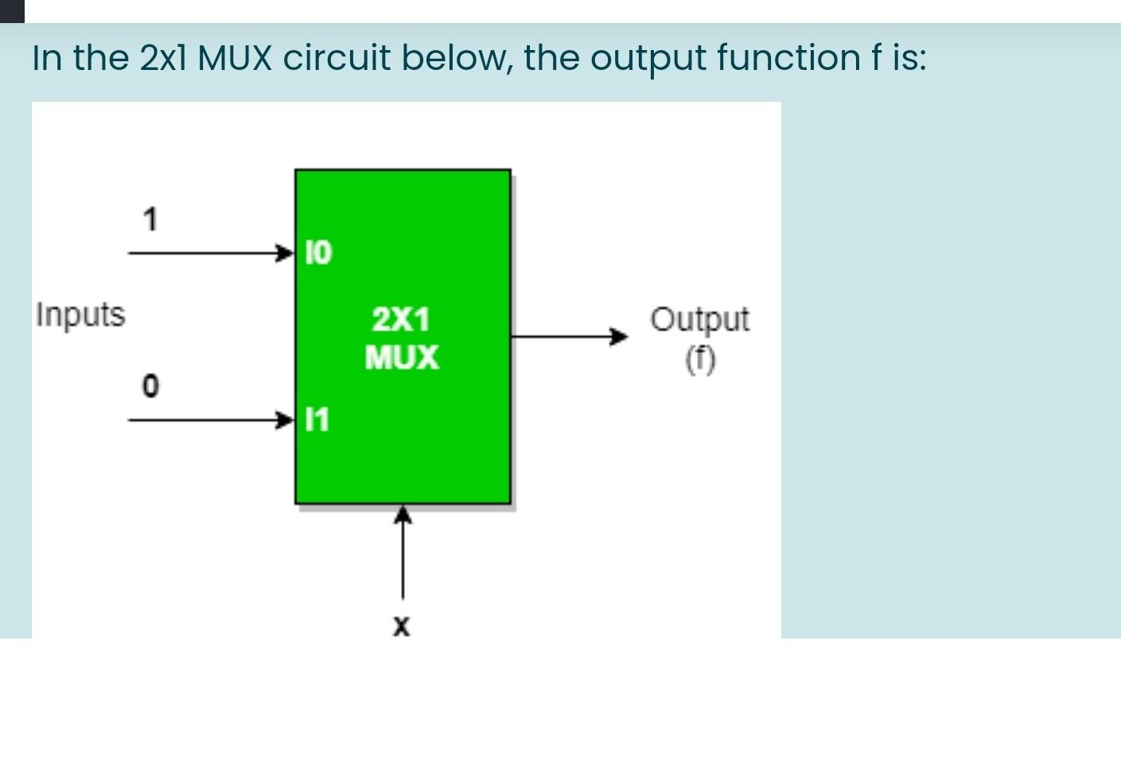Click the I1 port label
tap(317, 419)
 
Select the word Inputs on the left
tap(80, 315)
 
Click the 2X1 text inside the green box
tap(401, 320)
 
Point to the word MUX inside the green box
tap(401, 358)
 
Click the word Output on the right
tap(699, 320)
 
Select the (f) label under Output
tap(700, 360)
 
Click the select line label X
tap(402, 627)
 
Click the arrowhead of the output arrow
tap(618, 336)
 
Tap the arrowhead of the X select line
tap(403, 516)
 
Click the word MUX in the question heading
tap(235, 58)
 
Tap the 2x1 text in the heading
tap(164, 58)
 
